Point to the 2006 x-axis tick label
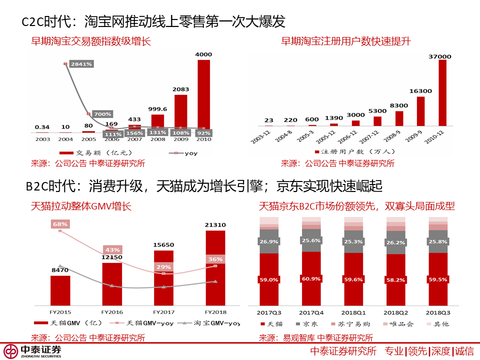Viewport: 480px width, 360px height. tap(112, 139)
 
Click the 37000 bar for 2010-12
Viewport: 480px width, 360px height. tap(442, 92)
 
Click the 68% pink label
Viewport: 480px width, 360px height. tap(60, 224)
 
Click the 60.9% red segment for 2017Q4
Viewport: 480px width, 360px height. tap(311, 278)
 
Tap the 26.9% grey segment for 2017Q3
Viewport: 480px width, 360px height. tap(268, 241)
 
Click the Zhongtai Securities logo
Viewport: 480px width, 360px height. tap(32, 351)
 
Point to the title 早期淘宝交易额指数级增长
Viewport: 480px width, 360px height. tap(91, 41)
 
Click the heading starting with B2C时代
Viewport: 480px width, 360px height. tap(204, 187)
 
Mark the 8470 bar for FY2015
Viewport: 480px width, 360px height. tap(60, 290)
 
